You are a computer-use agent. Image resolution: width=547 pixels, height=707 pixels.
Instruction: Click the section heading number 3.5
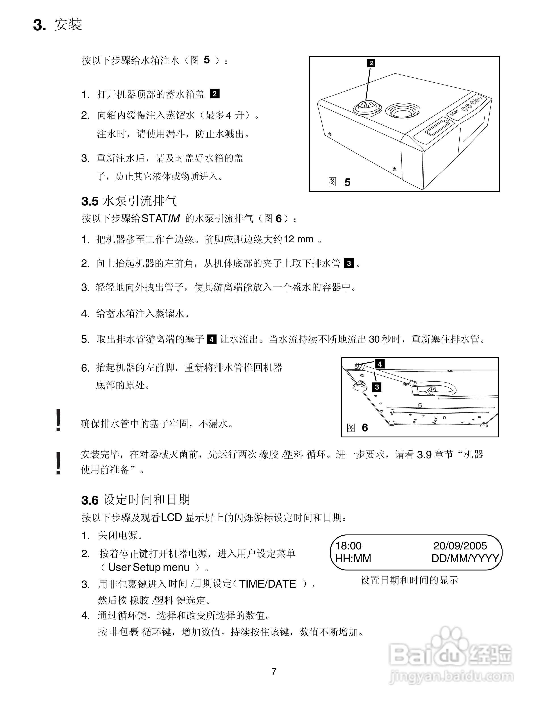pyautogui.click(x=89, y=201)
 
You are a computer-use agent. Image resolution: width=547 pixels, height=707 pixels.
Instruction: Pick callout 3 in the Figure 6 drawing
pyautogui.click(x=377, y=387)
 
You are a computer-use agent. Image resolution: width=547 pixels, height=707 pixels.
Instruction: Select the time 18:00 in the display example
pyautogui.click(x=348, y=546)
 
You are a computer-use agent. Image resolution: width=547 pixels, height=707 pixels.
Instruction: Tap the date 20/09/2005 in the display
pyautogui.click(x=460, y=546)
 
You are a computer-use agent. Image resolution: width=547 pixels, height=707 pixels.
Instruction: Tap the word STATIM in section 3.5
pyautogui.click(x=161, y=219)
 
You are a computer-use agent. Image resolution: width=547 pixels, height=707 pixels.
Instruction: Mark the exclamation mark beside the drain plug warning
pyautogui.click(x=59, y=420)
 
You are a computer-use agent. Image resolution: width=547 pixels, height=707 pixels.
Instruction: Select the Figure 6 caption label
pyautogui.click(x=357, y=428)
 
